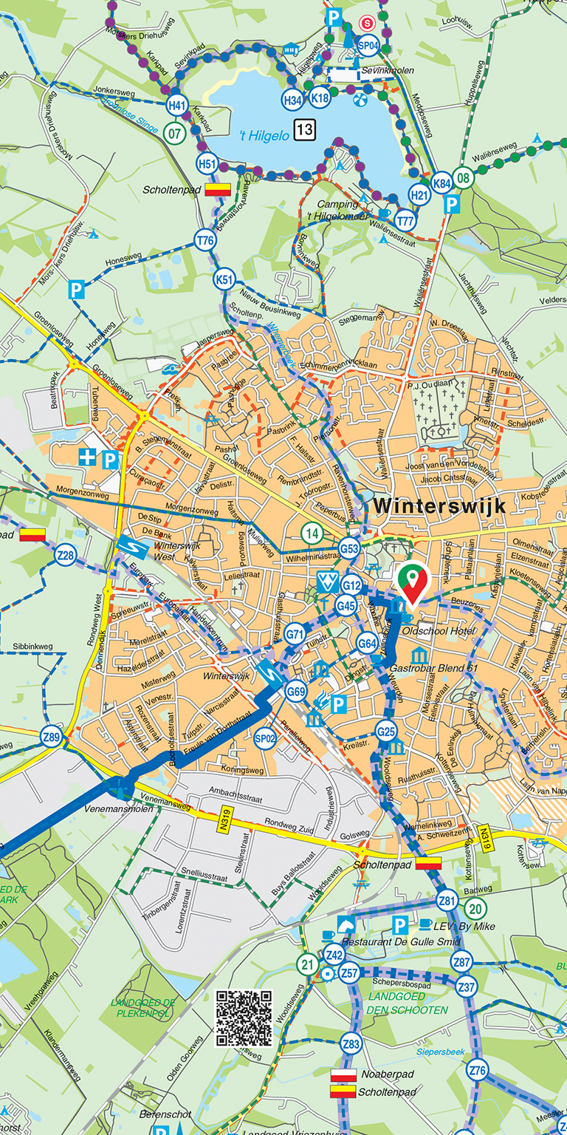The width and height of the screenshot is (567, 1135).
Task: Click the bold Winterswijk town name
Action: [440, 505]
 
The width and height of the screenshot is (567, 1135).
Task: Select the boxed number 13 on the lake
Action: [305, 131]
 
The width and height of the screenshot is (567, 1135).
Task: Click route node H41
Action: [176, 106]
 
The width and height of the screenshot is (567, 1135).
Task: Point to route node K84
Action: [441, 183]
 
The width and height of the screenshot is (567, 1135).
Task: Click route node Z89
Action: [51, 737]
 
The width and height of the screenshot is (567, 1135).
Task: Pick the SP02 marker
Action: [264, 737]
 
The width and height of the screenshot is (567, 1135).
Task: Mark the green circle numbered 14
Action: [312, 533]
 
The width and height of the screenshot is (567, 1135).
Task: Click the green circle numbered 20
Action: [476, 908]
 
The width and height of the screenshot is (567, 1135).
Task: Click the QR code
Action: [244, 1018]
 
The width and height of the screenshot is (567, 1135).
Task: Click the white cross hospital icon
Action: [88, 459]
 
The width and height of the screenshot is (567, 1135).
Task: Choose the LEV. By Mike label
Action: [467, 926]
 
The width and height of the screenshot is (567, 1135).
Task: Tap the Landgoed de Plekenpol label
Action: [142, 1008]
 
